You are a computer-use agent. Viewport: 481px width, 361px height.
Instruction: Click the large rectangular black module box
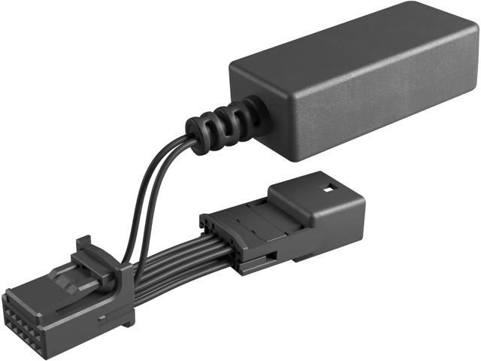[x=353, y=83]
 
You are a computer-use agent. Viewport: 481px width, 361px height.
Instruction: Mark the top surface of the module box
[x=346, y=41]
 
